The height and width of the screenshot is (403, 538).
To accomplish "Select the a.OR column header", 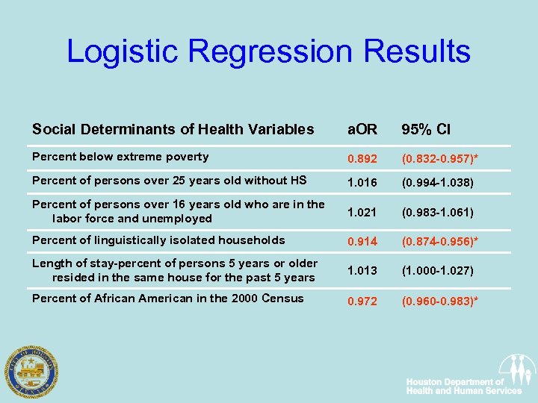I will click(363, 129).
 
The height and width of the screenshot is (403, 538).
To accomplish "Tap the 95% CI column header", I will click(426, 129).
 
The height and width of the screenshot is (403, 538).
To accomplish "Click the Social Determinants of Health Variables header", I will click(173, 129).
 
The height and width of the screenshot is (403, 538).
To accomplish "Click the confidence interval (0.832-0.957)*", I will click(439, 159).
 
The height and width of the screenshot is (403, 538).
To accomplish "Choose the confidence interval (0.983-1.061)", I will click(437, 213).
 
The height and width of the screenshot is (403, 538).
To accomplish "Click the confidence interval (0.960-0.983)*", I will click(439, 302).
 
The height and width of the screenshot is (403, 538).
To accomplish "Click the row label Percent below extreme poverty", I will click(120, 157).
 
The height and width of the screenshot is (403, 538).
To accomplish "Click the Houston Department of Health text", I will click(463, 386).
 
